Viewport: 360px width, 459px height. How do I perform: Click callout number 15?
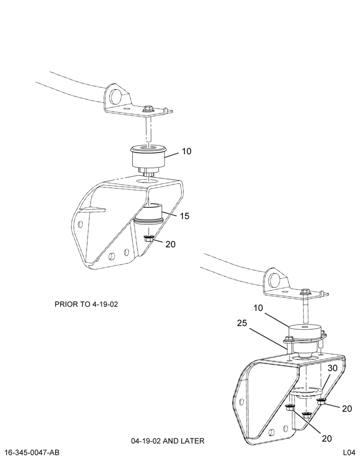(x=185, y=216)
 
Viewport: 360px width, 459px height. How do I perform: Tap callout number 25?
(x=242, y=323)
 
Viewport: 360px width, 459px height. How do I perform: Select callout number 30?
(x=332, y=368)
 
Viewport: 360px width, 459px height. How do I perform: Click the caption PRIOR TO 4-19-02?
(x=86, y=304)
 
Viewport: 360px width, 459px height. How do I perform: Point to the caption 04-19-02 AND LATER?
(x=168, y=441)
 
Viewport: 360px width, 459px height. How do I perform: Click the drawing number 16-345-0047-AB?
(x=32, y=453)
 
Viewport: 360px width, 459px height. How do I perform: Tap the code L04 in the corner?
(x=349, y=453)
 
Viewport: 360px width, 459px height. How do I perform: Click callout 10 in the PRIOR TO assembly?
(x=186, y=151)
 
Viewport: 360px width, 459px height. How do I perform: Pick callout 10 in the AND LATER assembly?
(x=259, y=308)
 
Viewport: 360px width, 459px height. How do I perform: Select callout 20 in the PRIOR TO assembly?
(x=170, y=244)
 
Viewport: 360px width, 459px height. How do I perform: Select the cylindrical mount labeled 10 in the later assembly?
(x=304, y=336)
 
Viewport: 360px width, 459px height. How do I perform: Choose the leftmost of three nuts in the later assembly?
(x=289, y=408)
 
